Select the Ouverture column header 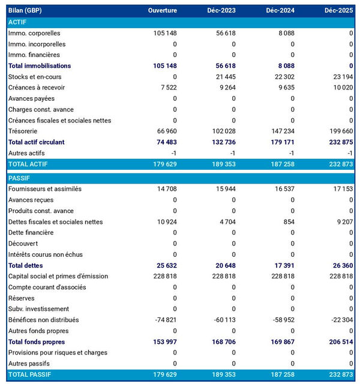[163, 11]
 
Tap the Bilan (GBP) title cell [25, 11]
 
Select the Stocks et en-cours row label [35, 77]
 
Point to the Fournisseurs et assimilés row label [45, 189]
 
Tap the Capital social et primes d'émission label [58, 276]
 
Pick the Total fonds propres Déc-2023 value [221, 341]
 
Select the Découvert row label [23, 244]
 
